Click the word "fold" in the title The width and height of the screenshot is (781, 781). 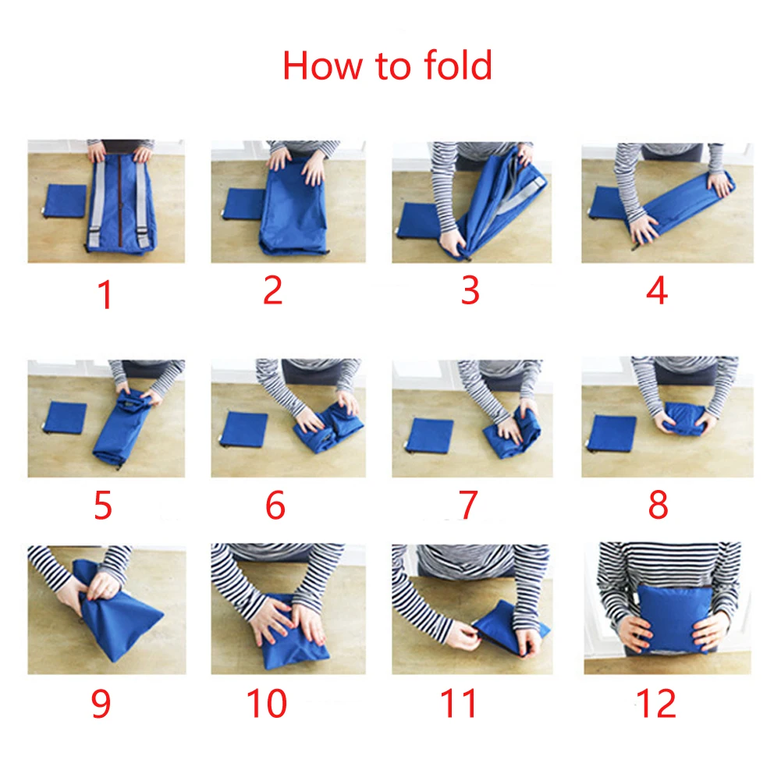click(458, 66)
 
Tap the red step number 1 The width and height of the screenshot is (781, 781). click(105, 295)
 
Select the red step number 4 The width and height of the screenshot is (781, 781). click(657, 290)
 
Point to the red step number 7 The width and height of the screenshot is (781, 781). click(467, 505)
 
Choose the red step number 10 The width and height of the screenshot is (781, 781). click(267, 703)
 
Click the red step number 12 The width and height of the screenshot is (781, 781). click(656, 703)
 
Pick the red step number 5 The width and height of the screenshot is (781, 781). click(103, 505)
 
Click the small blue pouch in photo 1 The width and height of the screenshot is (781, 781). click(66, 201)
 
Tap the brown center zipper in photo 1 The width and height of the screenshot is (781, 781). click(119, 197)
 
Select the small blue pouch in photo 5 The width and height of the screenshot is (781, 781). click(65, 417)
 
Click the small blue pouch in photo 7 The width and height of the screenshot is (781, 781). click(430, 435)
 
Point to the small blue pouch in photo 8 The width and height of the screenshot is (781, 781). click(612, 433)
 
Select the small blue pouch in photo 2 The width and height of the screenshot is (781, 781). click(243, 204)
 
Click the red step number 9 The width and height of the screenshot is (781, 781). click(101, 703)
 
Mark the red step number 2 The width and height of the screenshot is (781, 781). click(273, 290)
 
